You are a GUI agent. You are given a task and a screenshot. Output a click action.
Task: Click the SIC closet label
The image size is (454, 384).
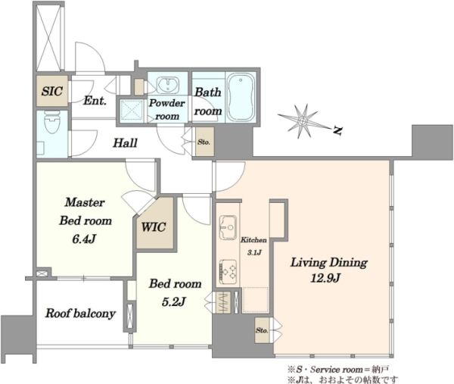click(52, 91)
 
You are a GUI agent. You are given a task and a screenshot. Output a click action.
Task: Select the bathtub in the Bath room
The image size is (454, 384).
click(241, 97)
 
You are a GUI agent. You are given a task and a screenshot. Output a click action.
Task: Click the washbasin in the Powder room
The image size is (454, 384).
click(168, 84)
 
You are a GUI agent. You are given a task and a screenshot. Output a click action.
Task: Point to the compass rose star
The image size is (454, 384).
click(303, 121)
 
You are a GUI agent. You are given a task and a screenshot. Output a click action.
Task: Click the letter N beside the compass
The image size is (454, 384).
click(337, 130)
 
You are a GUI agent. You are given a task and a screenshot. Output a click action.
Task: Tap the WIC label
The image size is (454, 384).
click(154, 227)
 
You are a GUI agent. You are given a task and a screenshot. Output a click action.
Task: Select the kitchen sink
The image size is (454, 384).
click(228, 227)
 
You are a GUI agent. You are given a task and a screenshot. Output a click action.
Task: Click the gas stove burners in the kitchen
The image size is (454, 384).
click(229, 272)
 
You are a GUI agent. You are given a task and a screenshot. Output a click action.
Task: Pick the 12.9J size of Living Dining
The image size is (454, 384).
click(325, 279)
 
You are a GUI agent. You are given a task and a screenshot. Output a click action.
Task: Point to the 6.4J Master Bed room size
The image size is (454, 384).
click(84, 239)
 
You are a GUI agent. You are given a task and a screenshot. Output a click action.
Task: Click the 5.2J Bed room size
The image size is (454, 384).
click(173, 302)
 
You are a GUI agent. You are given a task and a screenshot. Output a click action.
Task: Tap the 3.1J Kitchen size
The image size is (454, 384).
click(254, 253)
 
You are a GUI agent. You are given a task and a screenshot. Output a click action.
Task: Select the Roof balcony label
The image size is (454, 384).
click(80, 314)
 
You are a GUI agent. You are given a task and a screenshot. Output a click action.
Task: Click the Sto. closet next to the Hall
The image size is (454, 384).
click(204, 142)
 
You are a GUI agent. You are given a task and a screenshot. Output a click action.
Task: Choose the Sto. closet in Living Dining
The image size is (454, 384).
click(263, 330)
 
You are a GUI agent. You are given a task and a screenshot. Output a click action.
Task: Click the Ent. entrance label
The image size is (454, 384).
click(95, 101)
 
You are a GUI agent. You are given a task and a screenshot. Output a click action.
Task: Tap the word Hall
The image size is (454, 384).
click(125, 143)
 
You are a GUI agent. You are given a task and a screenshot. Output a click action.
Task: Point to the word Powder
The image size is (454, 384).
click(166, 103)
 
